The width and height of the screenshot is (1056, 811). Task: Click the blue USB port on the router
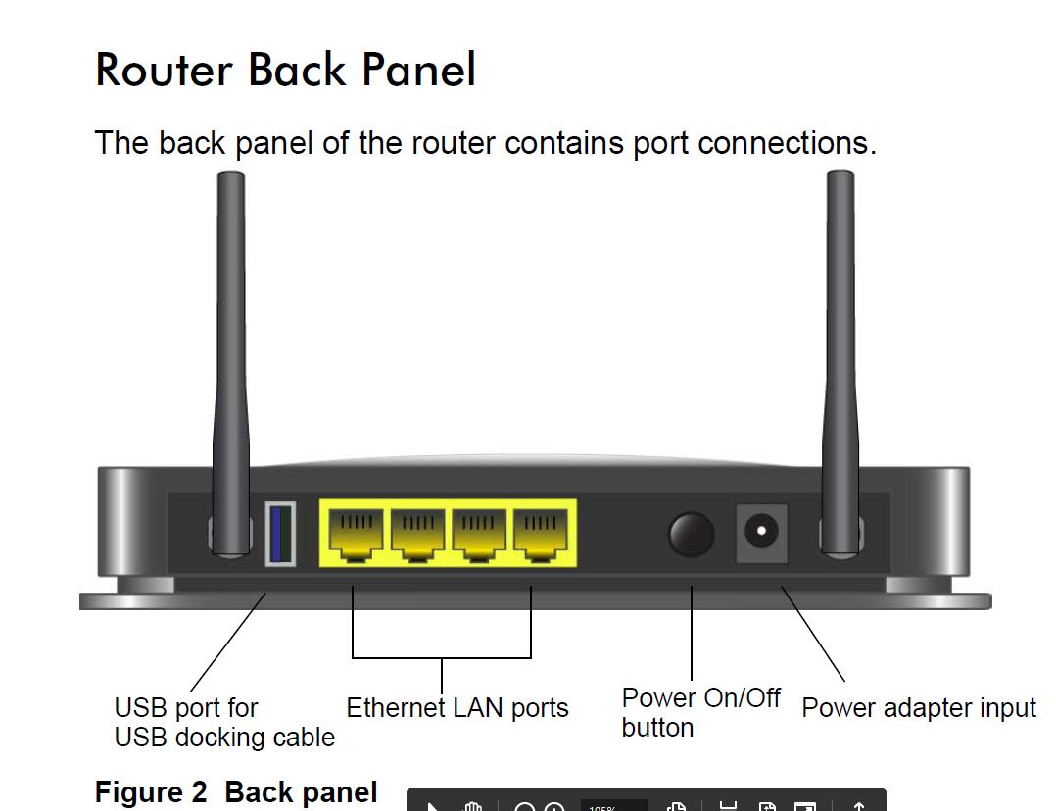point(280,533)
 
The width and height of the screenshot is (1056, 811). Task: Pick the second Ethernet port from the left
point(418,534)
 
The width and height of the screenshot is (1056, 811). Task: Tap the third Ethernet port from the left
point(479,534)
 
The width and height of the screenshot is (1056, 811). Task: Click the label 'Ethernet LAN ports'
point(457,707)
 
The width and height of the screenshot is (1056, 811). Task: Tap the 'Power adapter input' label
point(918,707)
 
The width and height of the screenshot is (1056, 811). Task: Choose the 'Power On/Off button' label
point(700,712)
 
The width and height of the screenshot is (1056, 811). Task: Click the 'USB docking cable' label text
point(224,737)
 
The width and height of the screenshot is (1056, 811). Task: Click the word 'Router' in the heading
point(164,71)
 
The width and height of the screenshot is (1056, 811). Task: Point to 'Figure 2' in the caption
point(152,791)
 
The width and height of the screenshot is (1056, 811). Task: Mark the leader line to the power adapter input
point(812,633)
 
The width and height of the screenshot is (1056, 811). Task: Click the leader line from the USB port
point(228,642)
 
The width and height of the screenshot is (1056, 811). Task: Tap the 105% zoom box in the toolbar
point(614,804)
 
